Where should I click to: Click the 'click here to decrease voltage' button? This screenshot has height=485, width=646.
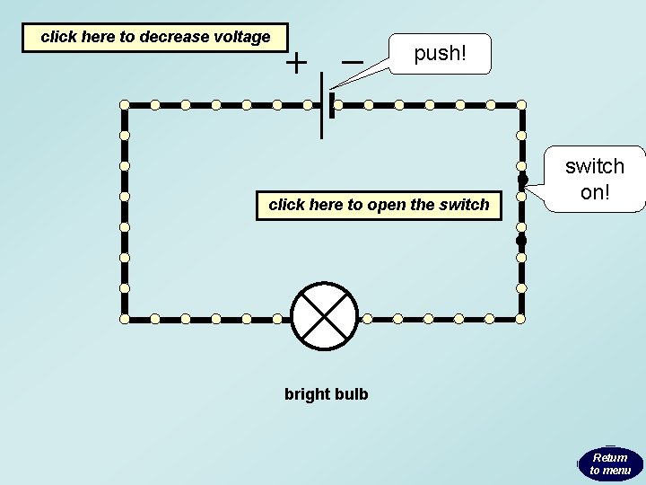point(155,38)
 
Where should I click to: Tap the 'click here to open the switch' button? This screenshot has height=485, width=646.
point(379,205)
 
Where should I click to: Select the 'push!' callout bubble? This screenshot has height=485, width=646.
point(440,55)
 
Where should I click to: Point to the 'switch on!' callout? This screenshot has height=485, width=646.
point(594,179)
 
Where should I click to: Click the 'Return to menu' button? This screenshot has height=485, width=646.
point(610,463)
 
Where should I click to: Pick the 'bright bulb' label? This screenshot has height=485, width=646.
point(326,394)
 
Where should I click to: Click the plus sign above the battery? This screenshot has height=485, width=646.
point(296,63)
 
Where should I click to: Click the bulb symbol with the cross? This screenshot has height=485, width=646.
point(325,318)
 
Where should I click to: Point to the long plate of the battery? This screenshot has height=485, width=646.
point(321,106)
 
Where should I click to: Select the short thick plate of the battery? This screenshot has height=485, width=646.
point(332,106)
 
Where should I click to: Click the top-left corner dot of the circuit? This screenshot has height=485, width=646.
point(125,105)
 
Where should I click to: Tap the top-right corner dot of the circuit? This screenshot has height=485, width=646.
point(521,105)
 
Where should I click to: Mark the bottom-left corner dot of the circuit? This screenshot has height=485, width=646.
point(125,318)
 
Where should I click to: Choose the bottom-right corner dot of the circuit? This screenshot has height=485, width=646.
point(521,318)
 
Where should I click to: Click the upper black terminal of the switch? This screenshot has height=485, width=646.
point(521,178)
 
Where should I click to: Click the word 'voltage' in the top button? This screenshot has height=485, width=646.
point(241,38)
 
